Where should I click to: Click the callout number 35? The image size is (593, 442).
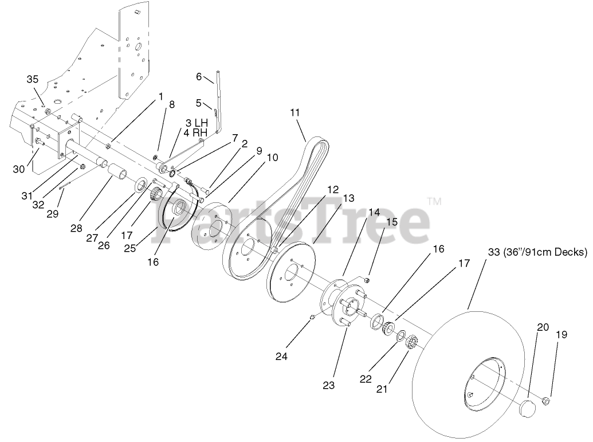33,80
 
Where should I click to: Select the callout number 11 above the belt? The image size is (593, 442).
295,112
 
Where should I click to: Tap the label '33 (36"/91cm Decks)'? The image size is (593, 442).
537,251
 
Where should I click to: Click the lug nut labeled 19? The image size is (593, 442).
546,400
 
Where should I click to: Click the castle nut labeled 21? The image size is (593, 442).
410,345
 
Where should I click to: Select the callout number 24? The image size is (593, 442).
281,356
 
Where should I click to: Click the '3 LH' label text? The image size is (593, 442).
195,123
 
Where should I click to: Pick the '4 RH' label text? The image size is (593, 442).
195,134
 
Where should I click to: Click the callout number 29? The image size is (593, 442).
53,214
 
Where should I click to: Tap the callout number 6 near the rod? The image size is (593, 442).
199,77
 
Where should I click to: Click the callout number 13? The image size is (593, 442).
349,198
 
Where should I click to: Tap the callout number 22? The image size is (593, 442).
366,379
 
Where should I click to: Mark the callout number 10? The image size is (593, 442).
272,158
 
